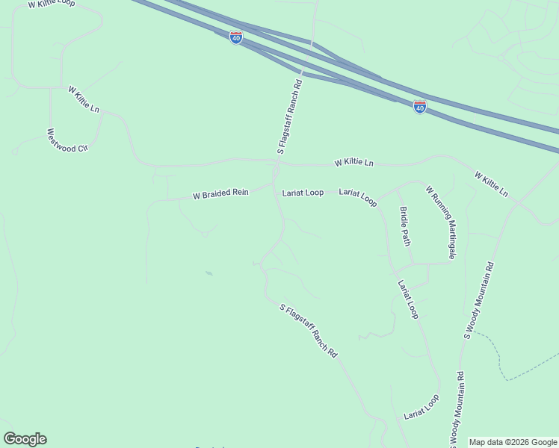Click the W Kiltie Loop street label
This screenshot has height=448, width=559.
(52, 4)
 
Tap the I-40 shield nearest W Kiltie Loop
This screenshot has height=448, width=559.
(236, 37)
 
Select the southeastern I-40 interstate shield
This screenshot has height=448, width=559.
(420, 107)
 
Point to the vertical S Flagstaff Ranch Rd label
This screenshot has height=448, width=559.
(289, 116)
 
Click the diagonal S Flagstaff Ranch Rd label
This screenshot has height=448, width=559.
(309, 329)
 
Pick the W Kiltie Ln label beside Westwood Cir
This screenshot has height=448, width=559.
(84, 99)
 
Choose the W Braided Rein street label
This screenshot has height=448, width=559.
(220, 194)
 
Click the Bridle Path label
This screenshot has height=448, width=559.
(405, 226)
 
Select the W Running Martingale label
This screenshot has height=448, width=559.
(441, 223)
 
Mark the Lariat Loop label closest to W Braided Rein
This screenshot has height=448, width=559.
(303, 193)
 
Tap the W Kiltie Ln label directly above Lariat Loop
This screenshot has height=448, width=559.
(353, 162)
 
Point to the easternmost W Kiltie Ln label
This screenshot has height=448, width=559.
(491, 184)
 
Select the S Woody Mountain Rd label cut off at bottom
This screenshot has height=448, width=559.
(457, 407)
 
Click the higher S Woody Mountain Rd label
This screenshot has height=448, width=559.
(479, 299)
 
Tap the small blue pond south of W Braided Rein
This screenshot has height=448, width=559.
(209, 273)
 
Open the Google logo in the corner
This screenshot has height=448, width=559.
(25, 439)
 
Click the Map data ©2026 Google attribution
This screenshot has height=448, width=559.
(513, 442)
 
